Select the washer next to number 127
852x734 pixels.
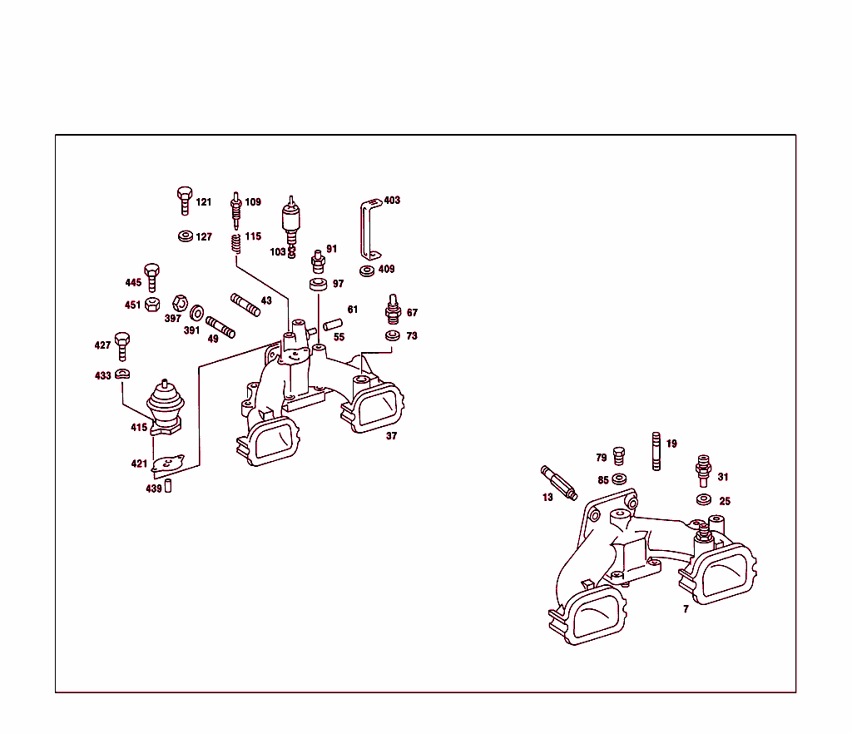pyautogui.click(x=185, y=236)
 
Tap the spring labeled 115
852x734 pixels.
pyautogui.click(x=235, y=244)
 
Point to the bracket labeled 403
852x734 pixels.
pyautogui.click(x=367, y=229)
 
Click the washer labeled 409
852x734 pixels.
pyautogui.click(x=367, y=270)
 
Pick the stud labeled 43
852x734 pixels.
pyautogui.click(x=245, y=305)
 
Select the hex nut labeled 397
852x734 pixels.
pyautogui.click(x=177, y=303)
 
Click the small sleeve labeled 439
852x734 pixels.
pyautogui.click(x=167, y=486)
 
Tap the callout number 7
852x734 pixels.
pyautogui.click(x=686, y=609)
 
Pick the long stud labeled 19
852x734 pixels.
pyautogui.click(x=656, y=452)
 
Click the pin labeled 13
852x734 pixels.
pyautogui.click(x=558, y=484)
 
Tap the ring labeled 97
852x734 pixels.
pyautogui.click(x=317, y=285)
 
